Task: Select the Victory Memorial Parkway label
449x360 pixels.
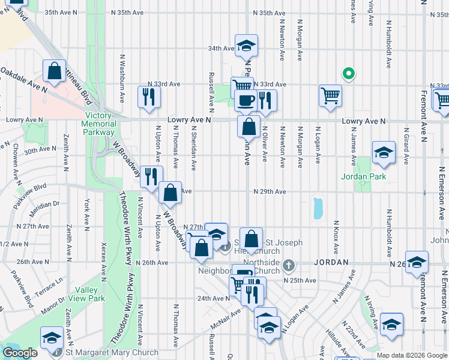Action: (x=99, y=123)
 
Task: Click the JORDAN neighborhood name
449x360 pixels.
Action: (x=331, y=263)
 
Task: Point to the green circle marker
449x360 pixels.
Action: (x=347, y=74)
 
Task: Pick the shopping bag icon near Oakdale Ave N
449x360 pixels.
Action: (x=54, y=71)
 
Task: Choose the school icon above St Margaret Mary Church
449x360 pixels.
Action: (x=52, y=338)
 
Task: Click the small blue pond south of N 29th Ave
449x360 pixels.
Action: (x=317, y=208)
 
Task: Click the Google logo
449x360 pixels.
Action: (x=20, y=353)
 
